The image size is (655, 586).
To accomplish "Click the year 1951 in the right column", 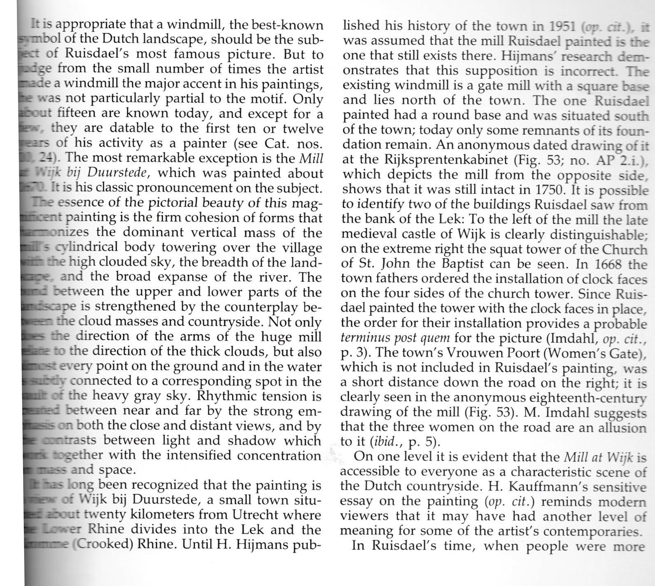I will (562, 27).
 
